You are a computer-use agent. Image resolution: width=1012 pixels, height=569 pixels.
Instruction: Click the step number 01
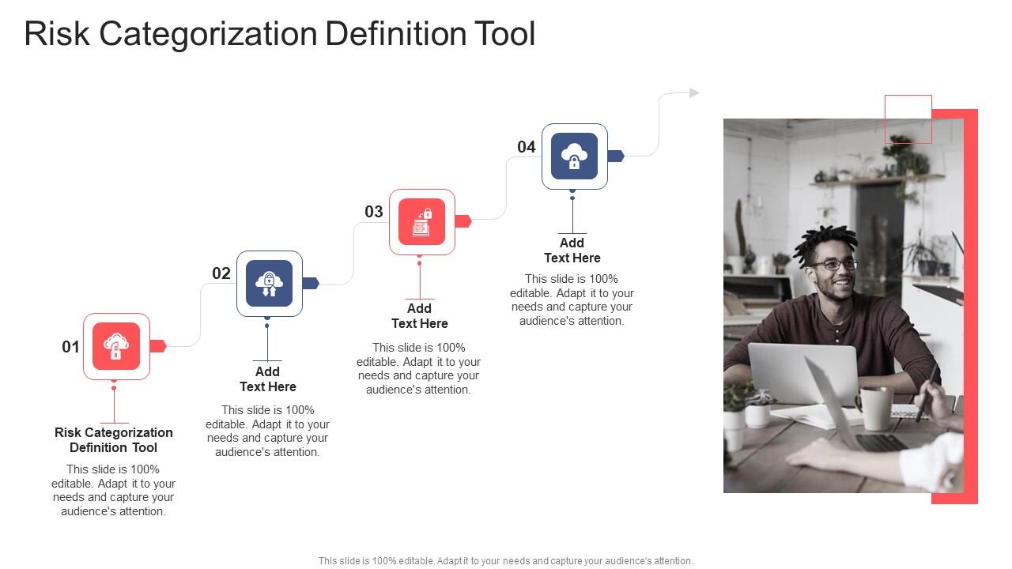70,347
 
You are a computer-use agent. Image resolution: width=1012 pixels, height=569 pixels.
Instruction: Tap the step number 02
221,273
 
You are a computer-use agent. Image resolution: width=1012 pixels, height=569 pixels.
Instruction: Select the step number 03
374,212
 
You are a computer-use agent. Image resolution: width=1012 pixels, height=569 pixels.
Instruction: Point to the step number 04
527,147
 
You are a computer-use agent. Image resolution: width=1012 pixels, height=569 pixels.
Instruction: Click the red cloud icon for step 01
116,346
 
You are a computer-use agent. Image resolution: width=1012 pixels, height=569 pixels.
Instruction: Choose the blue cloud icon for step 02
270,284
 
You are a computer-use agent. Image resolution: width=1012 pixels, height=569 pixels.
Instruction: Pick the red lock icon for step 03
422,222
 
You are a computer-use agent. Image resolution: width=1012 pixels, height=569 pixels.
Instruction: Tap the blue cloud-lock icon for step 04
574,156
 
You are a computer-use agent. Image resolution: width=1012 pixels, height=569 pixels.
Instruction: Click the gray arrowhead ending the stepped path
694,93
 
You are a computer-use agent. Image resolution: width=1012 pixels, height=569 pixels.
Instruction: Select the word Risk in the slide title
57,33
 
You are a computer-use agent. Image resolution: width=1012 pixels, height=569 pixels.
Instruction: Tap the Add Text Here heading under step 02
267,379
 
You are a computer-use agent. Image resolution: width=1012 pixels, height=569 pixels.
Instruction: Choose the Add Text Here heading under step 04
572,251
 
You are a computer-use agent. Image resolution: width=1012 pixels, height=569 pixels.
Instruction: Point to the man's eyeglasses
834,265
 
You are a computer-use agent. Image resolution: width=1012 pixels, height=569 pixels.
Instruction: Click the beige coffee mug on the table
874,408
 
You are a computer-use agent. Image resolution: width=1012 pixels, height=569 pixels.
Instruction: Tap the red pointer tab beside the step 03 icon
463,221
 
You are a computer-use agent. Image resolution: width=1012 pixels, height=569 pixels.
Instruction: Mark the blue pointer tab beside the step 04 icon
616,156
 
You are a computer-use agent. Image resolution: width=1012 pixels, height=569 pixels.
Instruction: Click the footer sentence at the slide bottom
505,561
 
